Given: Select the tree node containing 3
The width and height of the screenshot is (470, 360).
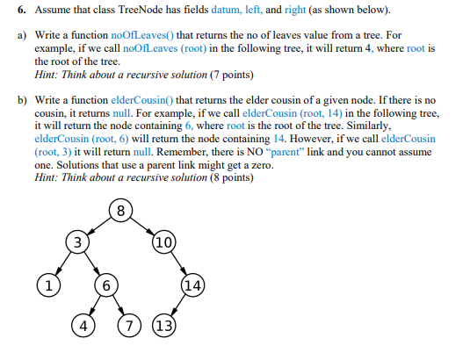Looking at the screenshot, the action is [77, 241].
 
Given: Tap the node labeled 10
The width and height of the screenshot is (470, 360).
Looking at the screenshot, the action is [163, 241].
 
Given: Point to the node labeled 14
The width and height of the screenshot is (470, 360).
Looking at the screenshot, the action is [193, 284].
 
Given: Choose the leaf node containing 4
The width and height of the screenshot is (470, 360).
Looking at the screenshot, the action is [84, 327].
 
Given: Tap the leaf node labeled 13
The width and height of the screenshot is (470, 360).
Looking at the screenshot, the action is [165, 327].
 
